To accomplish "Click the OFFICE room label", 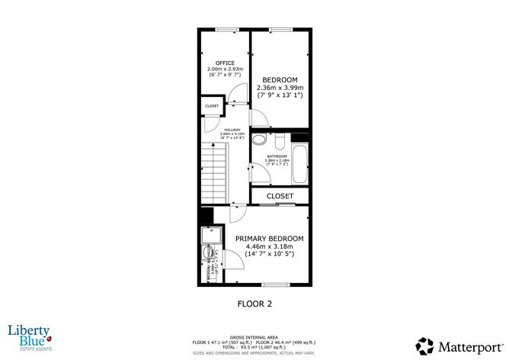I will (224, 63).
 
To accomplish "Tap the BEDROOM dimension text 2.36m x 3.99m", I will (280, 88).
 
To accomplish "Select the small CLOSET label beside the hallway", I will (212, 106).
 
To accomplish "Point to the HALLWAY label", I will (232, 130).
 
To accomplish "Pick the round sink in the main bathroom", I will (259, 140).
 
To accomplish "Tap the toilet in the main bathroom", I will (280, 141).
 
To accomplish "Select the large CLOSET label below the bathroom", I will (280, 197).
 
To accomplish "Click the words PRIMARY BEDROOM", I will (268, 239).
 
